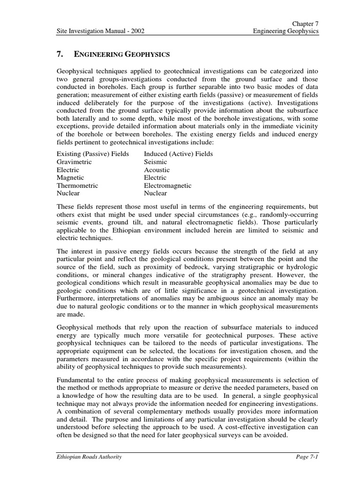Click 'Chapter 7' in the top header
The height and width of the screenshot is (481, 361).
[306, 23]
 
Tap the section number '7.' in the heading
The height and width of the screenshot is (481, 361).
[60, 55]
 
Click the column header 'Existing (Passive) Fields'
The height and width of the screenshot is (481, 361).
[93, 154]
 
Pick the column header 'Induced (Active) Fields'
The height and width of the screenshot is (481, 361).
[178, 154]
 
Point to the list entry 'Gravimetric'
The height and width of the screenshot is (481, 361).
[74, 162]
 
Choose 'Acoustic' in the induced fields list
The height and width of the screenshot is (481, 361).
[157, 170]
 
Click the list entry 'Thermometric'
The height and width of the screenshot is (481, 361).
[77, 186]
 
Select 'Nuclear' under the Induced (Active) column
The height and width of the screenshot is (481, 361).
[155, 193]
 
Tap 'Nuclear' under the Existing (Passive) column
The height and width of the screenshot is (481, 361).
[68, 193]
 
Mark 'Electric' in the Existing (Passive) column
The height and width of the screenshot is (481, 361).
[68, 170]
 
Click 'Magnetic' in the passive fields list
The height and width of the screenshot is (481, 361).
[71, 178]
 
